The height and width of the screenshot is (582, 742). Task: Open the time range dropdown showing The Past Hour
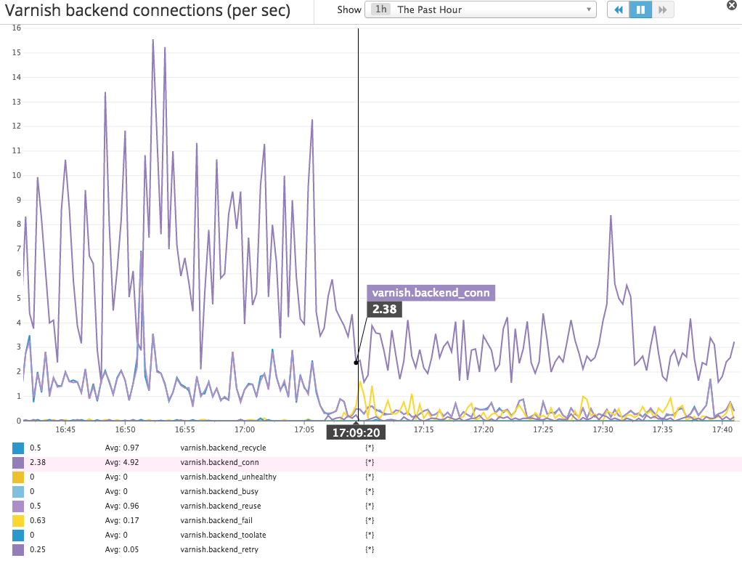point(480,10)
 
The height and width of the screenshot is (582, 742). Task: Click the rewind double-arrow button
point(618,10)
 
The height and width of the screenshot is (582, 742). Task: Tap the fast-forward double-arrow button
point(663,10)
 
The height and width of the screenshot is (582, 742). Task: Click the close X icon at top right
point(732,4)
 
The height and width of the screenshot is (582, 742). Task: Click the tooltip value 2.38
point(385,309)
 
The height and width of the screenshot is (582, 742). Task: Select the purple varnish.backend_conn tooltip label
point(431,294)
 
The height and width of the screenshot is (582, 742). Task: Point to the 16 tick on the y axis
point(17,28)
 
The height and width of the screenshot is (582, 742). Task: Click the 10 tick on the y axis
point(17,175)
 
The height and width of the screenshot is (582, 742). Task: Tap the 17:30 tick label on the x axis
point(603,430)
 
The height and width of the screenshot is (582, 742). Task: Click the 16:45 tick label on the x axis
point(65,430)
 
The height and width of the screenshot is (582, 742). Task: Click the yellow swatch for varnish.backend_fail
point(18,520)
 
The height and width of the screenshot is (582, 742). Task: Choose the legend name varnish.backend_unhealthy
point(228,477)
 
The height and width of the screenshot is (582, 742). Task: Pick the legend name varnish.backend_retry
point(219,549)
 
